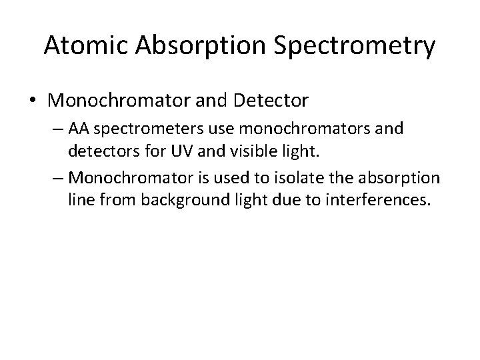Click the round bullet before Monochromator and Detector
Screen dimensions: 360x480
coord(33,101)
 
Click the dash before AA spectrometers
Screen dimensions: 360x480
coord(58,128)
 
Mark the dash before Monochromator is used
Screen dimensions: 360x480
coord(58,178)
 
